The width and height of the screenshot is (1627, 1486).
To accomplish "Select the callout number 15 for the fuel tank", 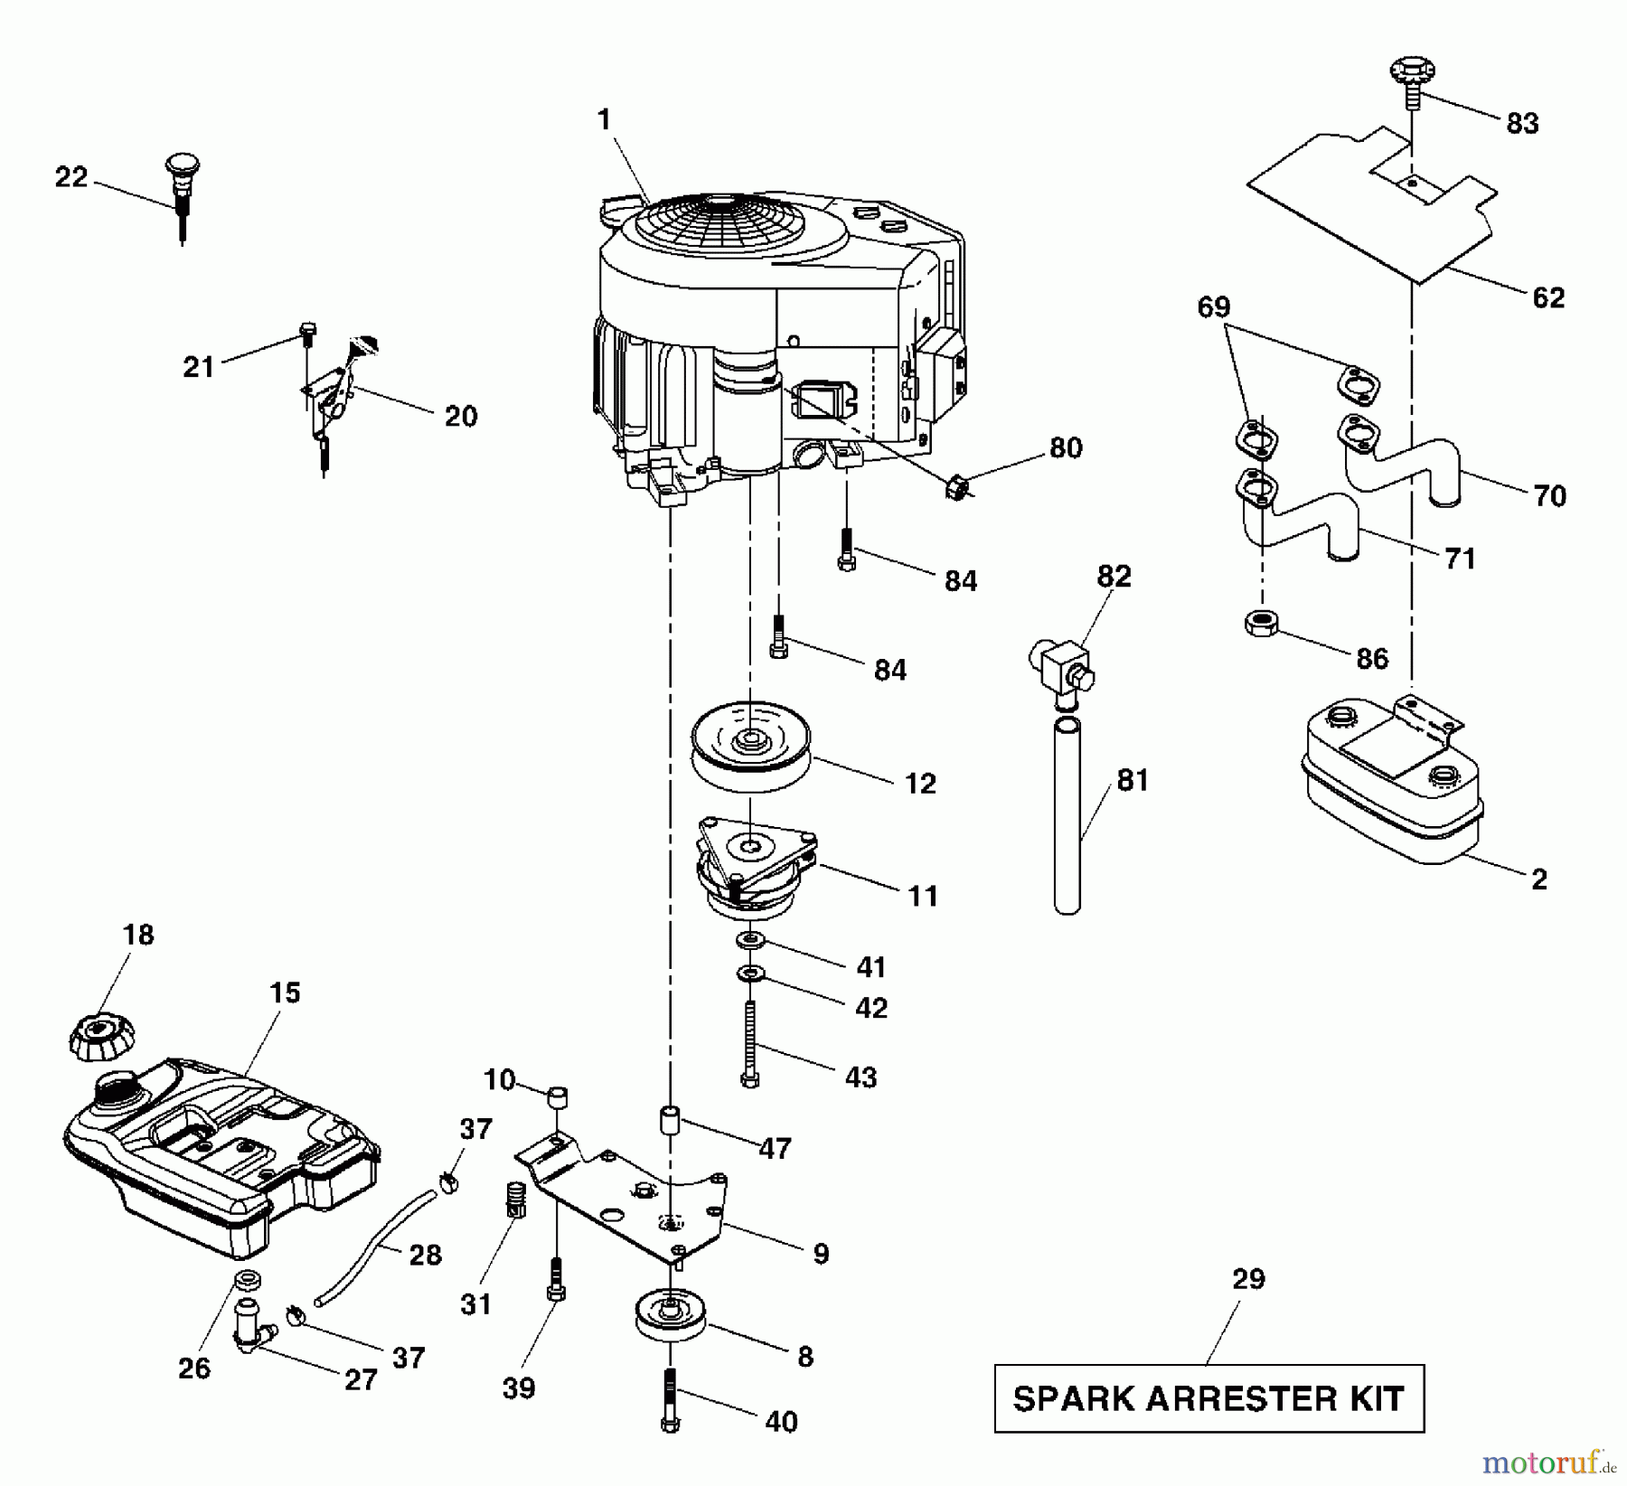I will (284, 992).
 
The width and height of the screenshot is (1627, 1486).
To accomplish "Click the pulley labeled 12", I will (750, 748).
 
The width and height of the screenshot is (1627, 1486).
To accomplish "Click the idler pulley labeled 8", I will (671, 1318).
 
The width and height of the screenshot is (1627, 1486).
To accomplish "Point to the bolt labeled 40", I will (670, 1399).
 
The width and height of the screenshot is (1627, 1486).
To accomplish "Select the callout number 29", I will (1248, 1278).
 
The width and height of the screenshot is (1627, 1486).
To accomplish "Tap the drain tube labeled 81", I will (1067, 813).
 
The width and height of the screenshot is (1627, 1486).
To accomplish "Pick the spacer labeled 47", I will (670, 1120).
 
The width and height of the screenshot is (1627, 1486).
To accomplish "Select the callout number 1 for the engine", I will (604, 119).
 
